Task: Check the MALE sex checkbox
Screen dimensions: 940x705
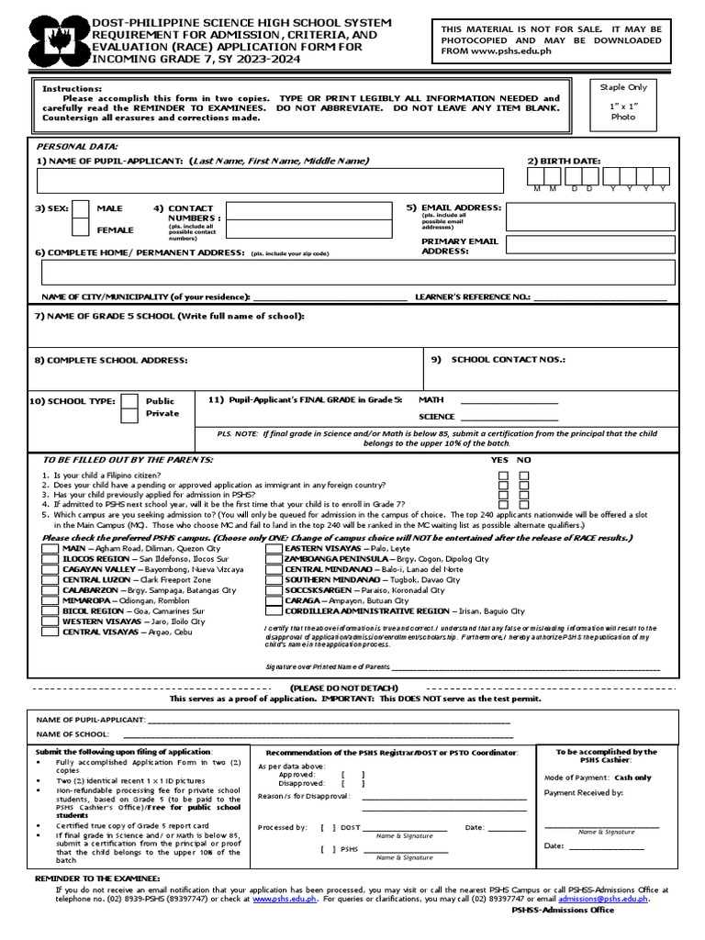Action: click(x=81, y=209)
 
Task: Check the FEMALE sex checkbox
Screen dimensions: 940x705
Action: click(x=81, y=229)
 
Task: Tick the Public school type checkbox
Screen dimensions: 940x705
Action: click(x=130, y=401)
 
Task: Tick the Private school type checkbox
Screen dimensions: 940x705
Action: click(x=130, y=415)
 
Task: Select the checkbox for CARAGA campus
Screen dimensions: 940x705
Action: click(x=274, y=600)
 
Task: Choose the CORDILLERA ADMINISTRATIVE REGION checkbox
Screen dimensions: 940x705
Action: click(x=274, y=610)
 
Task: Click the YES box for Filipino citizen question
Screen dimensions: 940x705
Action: click(x=502, y=476)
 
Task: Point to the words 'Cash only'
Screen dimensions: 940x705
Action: click(x=632, y=777)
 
